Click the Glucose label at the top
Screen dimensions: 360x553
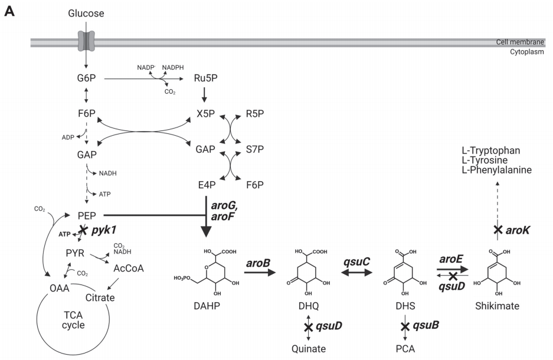pyautogui.click(x=86, y=12)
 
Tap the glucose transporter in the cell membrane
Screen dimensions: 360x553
pyautogui.click(x=86, y=41)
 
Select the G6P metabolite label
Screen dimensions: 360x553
pyautogui.click(x=86, y=78)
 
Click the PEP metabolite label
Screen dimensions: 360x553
pyautogui.click(x=87, y=215)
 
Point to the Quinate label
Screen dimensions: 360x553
pyautogui.click(x=309, y=349)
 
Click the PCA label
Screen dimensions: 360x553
pyautogui.click(x=405, y=349)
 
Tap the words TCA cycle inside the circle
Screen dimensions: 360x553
pyautogui.click(x=66, y=319)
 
